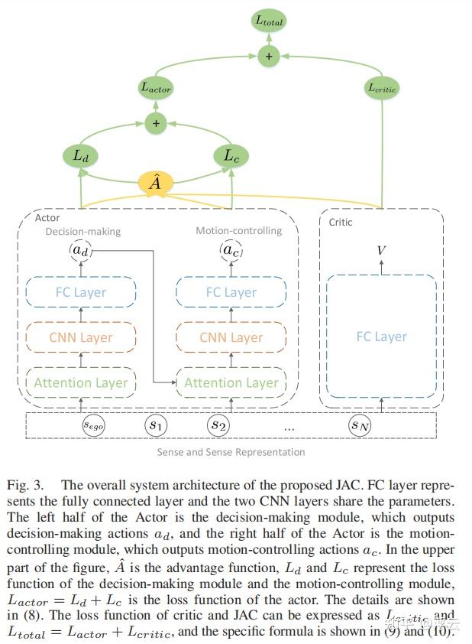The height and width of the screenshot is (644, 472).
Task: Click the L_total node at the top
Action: coord(268,21)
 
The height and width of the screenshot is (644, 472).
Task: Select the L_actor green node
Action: coord(156,88)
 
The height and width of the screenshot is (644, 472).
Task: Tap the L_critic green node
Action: coord(382,88)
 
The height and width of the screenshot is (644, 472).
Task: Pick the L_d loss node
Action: coord(80,156)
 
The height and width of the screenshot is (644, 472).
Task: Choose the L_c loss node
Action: coord(231,156)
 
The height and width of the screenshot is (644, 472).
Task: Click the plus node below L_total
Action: coord(268,55)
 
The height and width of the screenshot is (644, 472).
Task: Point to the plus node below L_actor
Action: coord(156,122)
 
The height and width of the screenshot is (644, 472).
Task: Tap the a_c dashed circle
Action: coord(231,250)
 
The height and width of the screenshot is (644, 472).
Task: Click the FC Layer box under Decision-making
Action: coord(80,292)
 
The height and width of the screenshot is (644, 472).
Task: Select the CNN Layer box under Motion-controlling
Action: coord(231,337)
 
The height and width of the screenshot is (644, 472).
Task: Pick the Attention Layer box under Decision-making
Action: coord(80,382)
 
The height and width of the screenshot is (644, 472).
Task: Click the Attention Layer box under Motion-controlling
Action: coord(231,382)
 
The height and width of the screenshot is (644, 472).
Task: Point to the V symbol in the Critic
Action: coord(382,251)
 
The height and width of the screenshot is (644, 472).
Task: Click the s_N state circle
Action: coord(360,424)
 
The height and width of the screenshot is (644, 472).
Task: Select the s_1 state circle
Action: coord(156,424)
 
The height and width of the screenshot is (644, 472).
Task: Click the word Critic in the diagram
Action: coord(341,222)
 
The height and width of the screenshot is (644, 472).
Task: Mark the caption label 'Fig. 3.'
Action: coord(25,485)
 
